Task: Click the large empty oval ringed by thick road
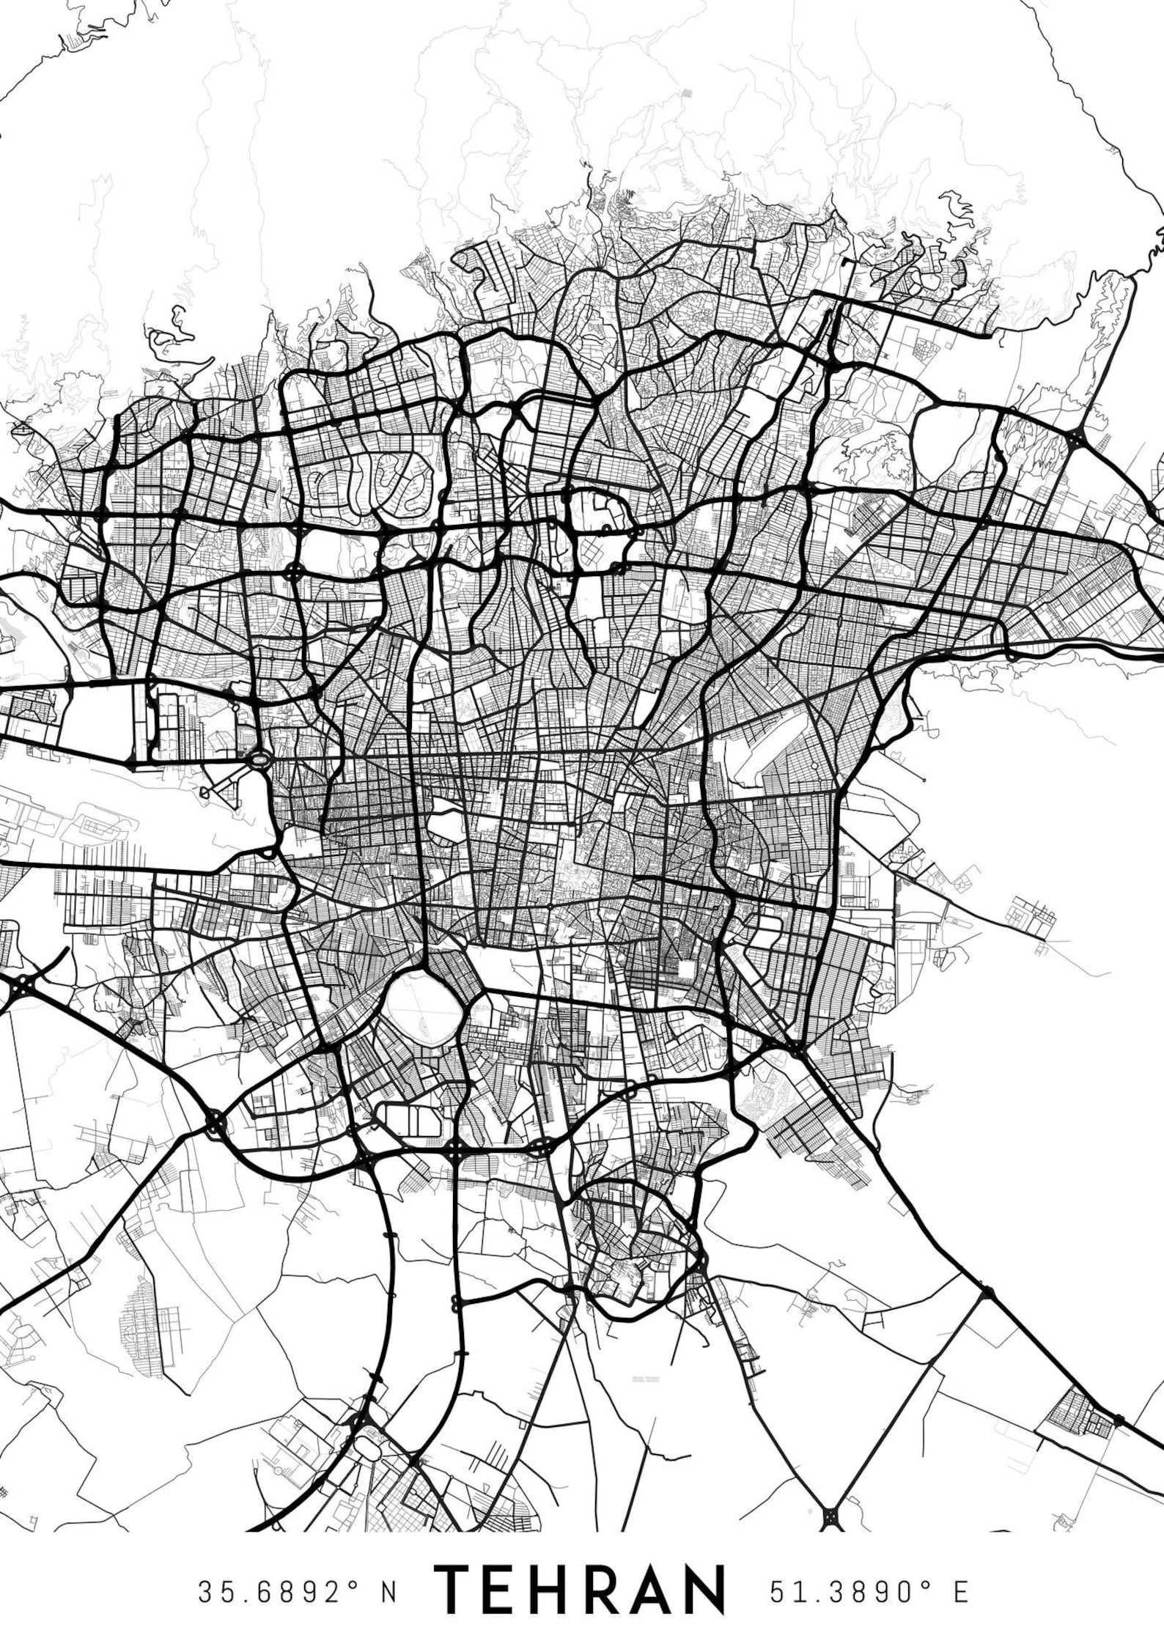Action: pyautogui.click(x=424, y=1008)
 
